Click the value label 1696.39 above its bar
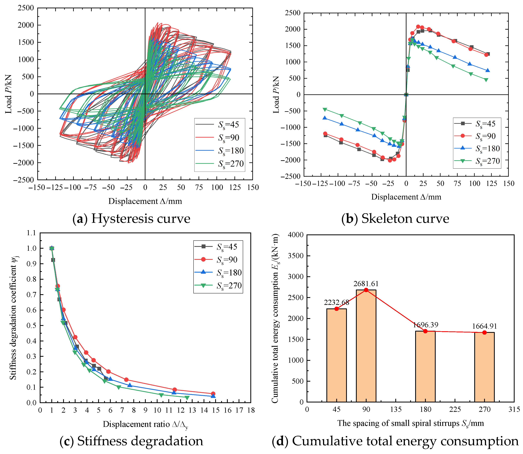(425, 325)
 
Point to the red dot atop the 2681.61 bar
(366, 290)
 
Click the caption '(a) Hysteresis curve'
(131, 218)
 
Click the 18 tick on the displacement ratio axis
(251, 410)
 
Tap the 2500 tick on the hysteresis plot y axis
(26, 8)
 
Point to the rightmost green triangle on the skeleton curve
(486, 80)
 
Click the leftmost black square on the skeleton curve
(326, 135)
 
